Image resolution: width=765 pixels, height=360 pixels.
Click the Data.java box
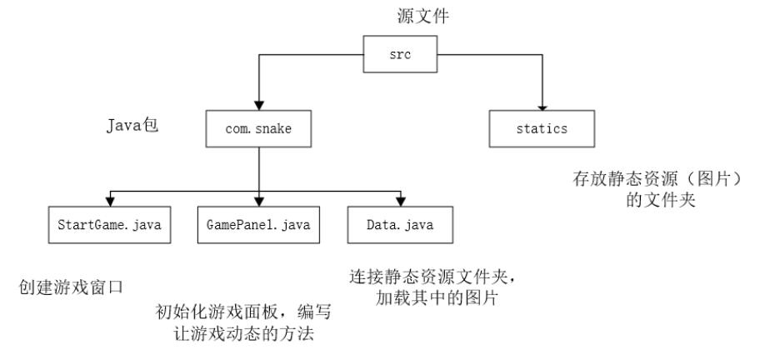[400, 226]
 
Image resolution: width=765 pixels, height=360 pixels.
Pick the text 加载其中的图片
[440, 297]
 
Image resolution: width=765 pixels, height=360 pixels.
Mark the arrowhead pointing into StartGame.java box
[108, 203]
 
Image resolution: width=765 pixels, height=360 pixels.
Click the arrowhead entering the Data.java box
[401, 203]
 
